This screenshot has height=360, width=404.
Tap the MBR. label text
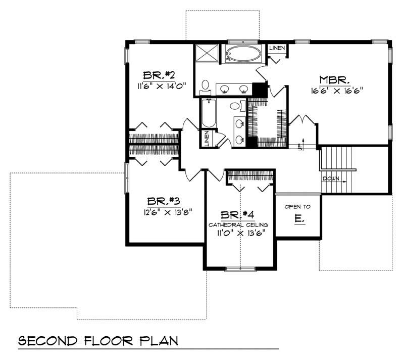pos(335,80)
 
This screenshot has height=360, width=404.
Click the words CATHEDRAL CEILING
pos(239,223)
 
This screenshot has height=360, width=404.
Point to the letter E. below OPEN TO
pos(298,219)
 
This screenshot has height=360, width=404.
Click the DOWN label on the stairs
pos(332,178)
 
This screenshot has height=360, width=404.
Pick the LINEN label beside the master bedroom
pos(277,48)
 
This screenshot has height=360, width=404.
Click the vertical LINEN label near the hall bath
pos(207,139)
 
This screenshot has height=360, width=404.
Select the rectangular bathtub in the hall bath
pos(208,114)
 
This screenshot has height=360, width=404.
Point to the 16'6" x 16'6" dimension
pos(337,91)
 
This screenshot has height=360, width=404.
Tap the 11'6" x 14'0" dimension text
pos(159,86)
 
